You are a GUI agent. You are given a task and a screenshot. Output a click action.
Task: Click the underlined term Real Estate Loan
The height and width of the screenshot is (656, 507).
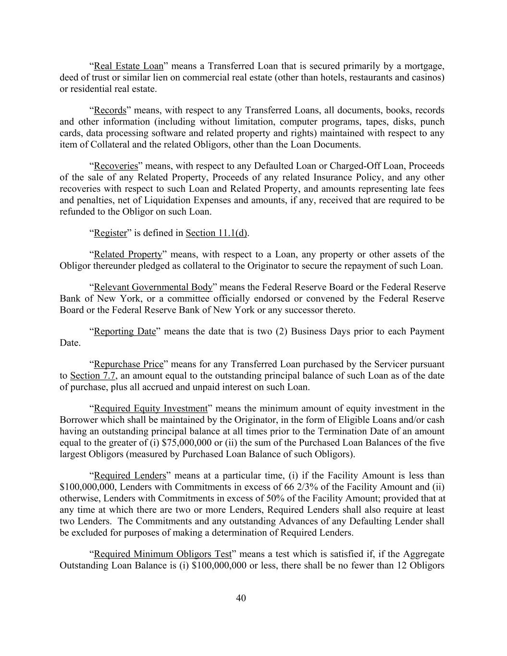[129, 66]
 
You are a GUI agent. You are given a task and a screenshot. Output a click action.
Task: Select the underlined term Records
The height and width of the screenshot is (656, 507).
[110, 110]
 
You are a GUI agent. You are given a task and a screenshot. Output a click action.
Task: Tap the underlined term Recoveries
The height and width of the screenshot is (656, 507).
[116, 166]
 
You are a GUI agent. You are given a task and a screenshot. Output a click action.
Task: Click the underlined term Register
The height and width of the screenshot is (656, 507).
[110, 233]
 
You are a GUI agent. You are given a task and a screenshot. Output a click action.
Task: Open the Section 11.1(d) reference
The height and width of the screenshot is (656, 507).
[216, 233]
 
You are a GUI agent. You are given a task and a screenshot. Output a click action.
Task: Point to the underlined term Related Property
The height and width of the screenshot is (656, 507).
[128, 254]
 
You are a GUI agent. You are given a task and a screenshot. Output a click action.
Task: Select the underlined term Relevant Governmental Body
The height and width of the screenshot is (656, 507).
[153, 287]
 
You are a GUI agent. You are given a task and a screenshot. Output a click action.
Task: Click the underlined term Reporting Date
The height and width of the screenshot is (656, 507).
[125, 331]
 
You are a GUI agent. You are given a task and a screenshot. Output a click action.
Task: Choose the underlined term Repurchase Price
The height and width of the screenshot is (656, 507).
[129, 364]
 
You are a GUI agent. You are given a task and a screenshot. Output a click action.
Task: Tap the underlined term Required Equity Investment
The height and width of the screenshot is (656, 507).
[150, 408]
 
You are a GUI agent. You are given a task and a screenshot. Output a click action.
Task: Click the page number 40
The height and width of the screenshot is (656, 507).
[241, 598]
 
